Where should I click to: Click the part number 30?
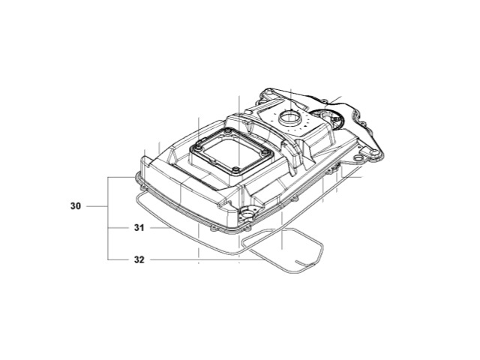[75, 205]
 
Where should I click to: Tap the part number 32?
[139, 259]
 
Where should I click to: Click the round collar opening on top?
[289, 118]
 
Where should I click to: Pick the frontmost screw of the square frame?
[235, 171]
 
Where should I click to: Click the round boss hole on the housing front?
[245, 212]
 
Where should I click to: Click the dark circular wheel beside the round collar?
[330, 120]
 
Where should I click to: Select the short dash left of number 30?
[97, 205]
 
